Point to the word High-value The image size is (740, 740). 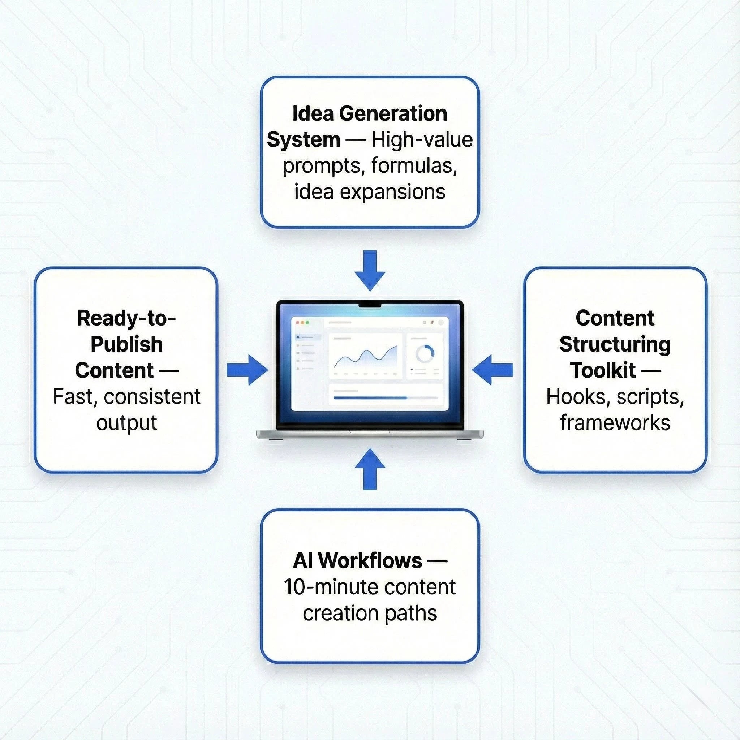(422, 140)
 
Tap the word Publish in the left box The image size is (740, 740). (126, 344)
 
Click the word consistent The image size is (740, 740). (152, 396)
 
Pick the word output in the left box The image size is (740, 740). (126, 422)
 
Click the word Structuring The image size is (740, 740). (615, 344)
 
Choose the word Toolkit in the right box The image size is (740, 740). (602, 370)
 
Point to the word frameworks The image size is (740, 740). (615, 422)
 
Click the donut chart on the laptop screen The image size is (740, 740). (425, 353)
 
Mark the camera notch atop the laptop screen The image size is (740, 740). (370, 305)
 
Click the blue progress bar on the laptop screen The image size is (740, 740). (370, 398)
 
